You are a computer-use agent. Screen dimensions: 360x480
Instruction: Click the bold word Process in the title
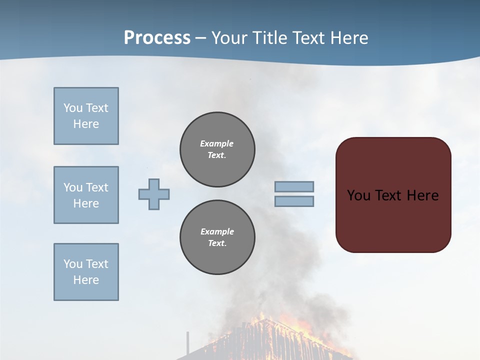point(157,37)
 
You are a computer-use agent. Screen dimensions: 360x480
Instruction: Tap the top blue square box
point(86,116)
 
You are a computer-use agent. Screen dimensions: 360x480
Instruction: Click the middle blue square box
point(86,195)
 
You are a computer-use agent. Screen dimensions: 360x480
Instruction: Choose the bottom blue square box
point(86,272)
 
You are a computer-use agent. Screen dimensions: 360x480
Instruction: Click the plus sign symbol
point(154,194)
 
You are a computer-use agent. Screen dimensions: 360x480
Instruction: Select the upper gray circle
point(217,149)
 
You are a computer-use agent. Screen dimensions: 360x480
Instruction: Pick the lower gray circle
point(217,237)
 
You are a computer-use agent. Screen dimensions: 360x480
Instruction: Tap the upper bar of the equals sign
point(294,186)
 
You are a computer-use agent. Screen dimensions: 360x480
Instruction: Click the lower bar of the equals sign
point(294,201)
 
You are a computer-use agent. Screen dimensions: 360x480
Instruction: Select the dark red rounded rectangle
point(393,220)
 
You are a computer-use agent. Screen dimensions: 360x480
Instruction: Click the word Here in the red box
point(422,195)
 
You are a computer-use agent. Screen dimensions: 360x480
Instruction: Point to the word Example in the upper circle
point(216,143)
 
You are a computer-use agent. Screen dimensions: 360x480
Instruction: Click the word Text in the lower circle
point(216,243)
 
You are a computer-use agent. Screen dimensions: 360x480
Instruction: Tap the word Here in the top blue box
point(86,124)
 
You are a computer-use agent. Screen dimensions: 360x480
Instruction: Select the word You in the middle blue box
point(72,187)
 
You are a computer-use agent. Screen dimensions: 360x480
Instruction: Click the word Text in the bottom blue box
point(96,264)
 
